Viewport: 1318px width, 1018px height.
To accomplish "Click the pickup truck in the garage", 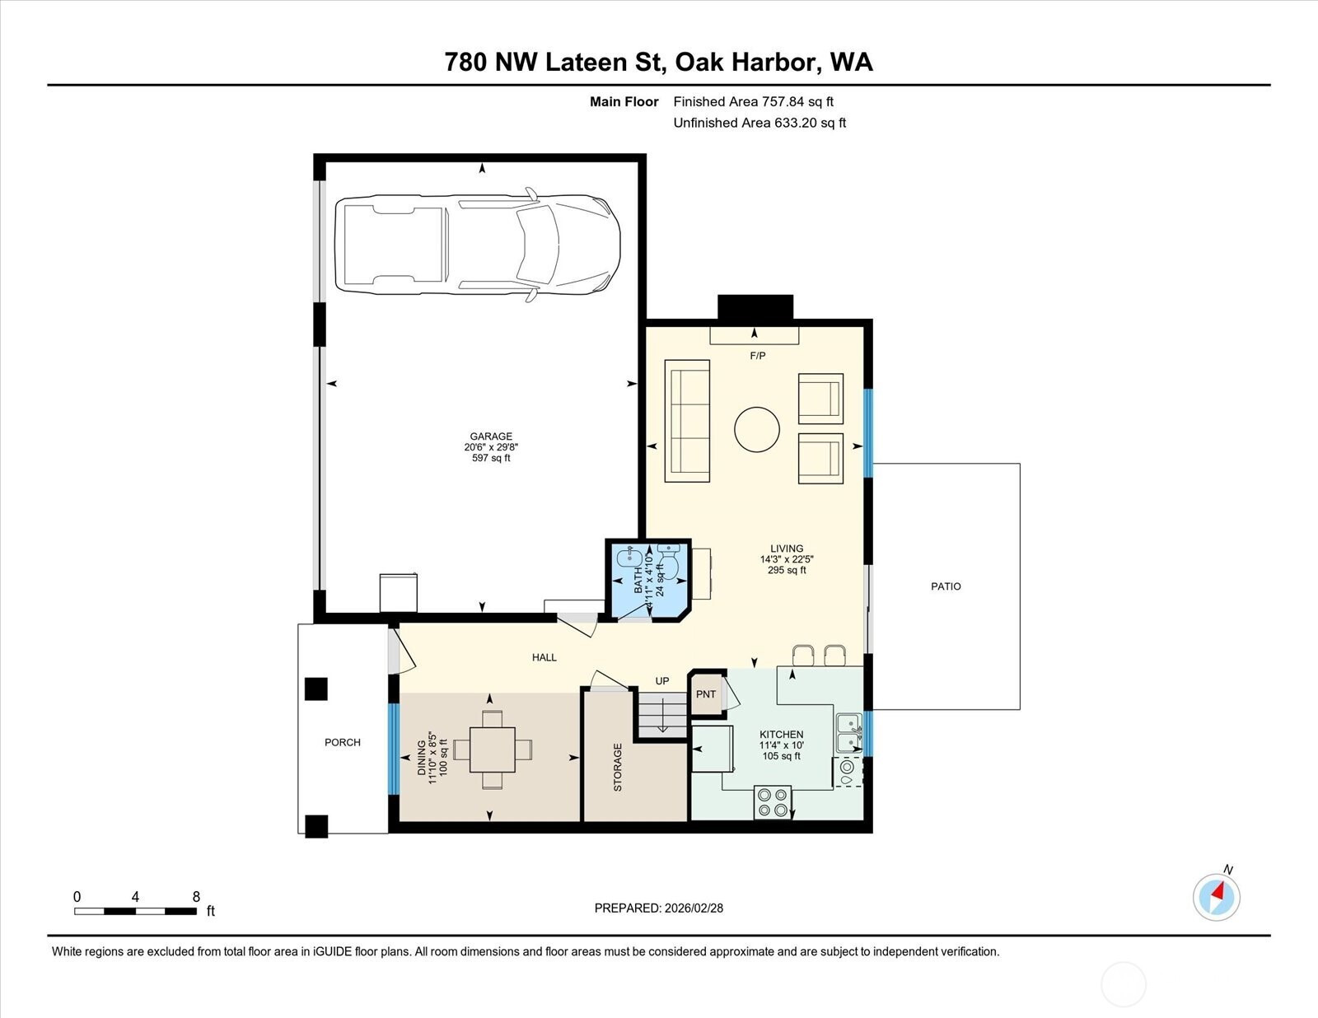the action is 478,245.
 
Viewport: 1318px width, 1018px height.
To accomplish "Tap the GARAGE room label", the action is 491,436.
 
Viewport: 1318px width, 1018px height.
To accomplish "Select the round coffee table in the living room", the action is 756,429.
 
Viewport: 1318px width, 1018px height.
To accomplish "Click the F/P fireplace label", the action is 758,356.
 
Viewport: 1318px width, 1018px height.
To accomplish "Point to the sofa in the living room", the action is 687,421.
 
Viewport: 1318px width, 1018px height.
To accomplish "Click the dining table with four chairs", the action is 493,749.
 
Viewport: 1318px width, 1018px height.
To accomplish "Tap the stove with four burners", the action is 773,802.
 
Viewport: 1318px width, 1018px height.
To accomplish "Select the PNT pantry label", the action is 705,694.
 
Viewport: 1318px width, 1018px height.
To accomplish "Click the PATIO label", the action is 946,586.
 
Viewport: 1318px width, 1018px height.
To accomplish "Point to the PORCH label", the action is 342,742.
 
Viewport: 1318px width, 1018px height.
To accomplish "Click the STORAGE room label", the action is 618,767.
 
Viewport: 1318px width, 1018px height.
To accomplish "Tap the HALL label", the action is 544,657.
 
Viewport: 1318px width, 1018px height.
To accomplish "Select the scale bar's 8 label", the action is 196,897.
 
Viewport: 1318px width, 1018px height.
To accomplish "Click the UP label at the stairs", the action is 661,681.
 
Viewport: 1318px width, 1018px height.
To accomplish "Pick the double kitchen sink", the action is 849,732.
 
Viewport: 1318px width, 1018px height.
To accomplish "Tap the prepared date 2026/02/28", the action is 694,908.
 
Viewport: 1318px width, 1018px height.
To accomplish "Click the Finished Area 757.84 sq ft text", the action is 753,102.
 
